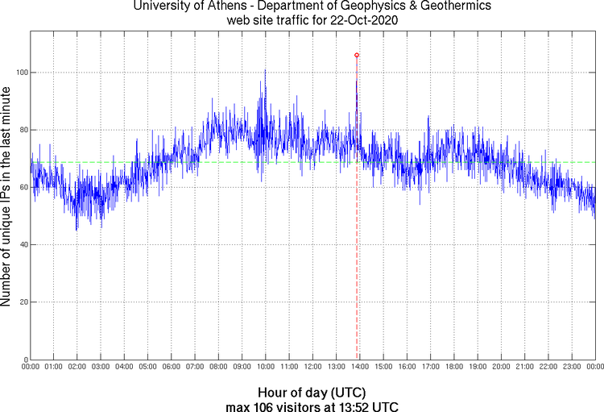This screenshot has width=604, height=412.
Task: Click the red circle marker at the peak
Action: coord(357,55)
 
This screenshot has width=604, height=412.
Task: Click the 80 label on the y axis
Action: coord(23,130)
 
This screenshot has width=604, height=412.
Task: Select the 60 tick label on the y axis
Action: coord(23,187)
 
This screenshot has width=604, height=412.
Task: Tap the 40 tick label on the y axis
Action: coord(23,244)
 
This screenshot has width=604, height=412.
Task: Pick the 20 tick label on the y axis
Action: coord(23,302)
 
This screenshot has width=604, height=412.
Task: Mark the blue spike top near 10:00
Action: coord(265,70)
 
